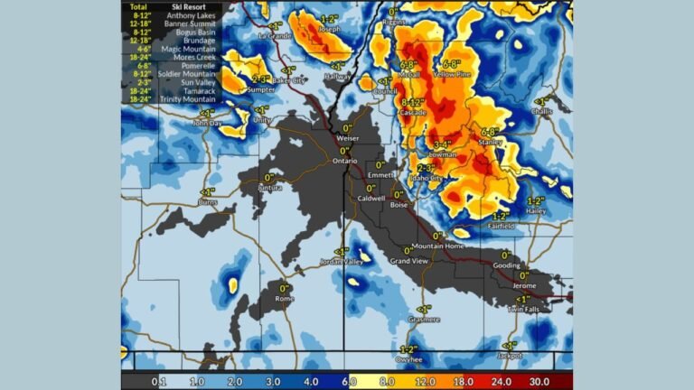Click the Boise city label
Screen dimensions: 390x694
click(x=399, y=205)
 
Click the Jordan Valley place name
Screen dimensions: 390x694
click(x=340, y=262)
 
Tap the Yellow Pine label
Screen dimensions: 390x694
click(x=449, y=75)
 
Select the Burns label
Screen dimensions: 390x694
click(x=208, y=203)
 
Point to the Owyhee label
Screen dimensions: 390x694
click(x=408, y=359)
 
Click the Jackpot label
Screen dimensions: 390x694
click(x=509, y=356)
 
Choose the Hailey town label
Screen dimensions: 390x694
click(x=536, y=210)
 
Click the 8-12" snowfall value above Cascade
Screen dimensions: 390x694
click(x=413, y=102)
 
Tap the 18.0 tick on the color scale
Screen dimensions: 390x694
click(x=463, y=383)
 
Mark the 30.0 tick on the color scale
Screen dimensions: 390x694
click(x=539, y=383)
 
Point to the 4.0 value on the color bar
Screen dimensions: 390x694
click(x=310, y=383)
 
